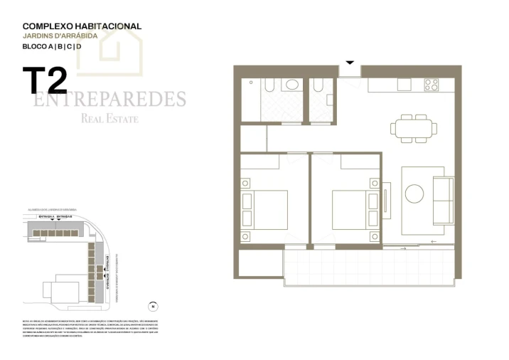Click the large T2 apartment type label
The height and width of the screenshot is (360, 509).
point(44,80)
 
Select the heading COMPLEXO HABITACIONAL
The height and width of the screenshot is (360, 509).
point(82,26)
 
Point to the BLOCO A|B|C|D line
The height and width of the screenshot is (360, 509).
point(52,46)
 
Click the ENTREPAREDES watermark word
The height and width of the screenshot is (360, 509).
point(109,98)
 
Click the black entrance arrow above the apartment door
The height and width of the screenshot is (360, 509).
point(349,63)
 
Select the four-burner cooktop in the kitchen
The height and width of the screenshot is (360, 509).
point(432,85)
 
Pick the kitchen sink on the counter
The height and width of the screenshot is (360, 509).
point(404,85)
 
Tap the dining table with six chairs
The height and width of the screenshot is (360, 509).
point(412,128)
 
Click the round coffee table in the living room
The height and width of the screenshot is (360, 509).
point(414,193)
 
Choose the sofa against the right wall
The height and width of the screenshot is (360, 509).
point(443,200)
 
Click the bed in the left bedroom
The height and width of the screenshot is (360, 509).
point(264,209)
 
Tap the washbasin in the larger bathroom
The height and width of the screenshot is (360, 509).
point(291,85)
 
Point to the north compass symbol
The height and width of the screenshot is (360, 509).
point(151,307)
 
